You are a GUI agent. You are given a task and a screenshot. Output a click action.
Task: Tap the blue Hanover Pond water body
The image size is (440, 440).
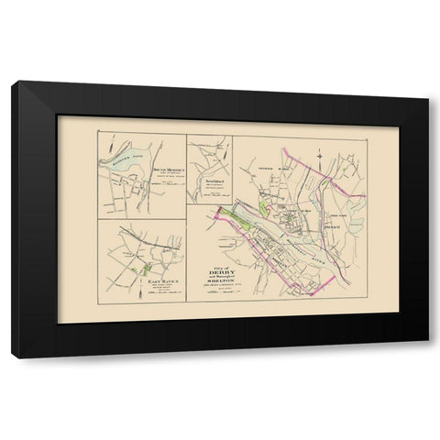[x=127, y=167]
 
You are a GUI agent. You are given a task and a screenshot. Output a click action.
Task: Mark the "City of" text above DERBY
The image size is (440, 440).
[x=211, y=263]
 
